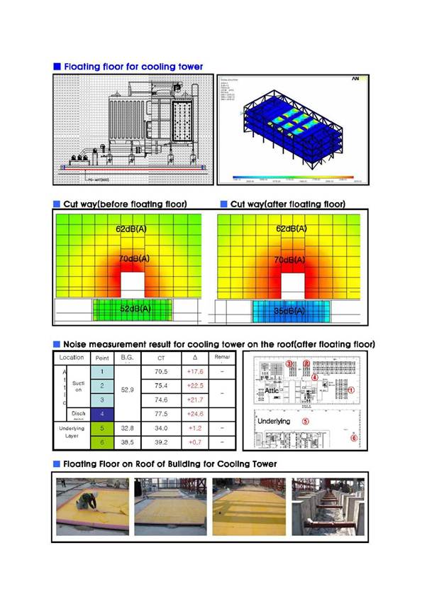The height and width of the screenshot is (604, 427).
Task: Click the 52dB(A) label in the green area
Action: click(135, 309)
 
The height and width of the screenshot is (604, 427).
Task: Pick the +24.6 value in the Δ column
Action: click(194, 412)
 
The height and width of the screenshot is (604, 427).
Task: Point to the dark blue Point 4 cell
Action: click(102, 412)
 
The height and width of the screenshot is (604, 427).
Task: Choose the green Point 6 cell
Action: click(102, 441)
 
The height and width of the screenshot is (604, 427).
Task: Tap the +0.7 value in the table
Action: click(194, 441)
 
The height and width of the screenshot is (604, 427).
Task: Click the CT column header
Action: click(161, 358)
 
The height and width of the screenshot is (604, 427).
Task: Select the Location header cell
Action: click(72, 357)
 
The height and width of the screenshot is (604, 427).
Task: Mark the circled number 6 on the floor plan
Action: click(354, 438)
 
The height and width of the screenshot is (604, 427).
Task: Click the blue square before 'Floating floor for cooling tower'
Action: click(57, 67)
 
